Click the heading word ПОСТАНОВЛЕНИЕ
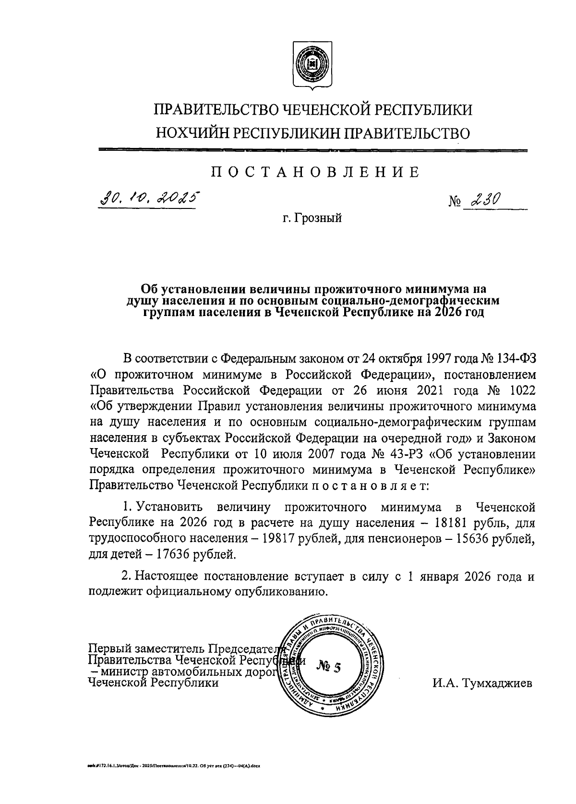point(315,172)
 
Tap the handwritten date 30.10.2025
point(149,198)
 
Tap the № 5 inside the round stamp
point(329,667)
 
